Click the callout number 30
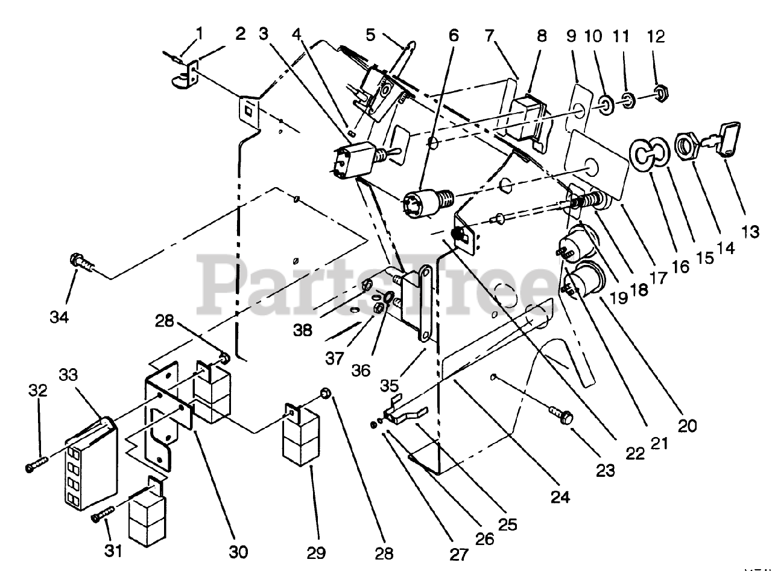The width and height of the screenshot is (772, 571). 238,551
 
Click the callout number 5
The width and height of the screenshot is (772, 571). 370,35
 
